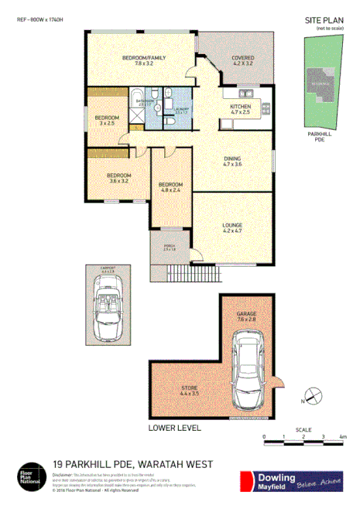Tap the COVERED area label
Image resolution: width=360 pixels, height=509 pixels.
243,57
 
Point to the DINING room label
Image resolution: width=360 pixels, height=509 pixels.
233,158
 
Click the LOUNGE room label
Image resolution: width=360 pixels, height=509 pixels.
233,224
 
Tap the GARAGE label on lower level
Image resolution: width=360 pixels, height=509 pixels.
246,313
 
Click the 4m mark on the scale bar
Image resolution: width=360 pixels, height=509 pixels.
342,438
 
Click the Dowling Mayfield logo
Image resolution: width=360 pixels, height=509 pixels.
292,480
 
